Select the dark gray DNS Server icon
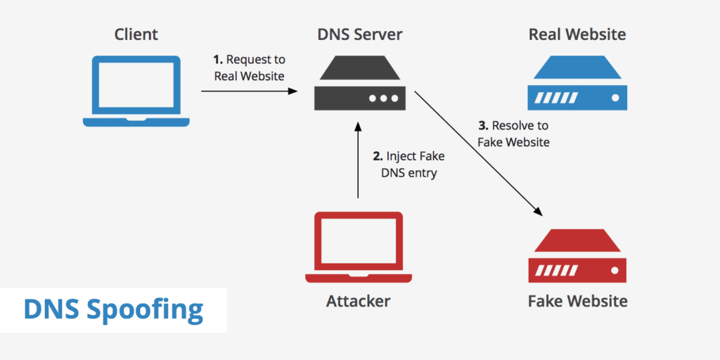tap(359, 85)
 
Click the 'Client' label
tap(136, 34)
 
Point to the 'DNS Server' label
tap(359, 34)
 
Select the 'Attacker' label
tap(359, 302)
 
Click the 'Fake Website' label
tap(577, 302)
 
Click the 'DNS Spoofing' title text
tap(113, 309)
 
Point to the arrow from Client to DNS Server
tap(246, 91)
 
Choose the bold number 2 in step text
tap(377, 157)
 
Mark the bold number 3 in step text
tap(482, 126)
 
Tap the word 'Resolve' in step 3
tap(512, 126)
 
